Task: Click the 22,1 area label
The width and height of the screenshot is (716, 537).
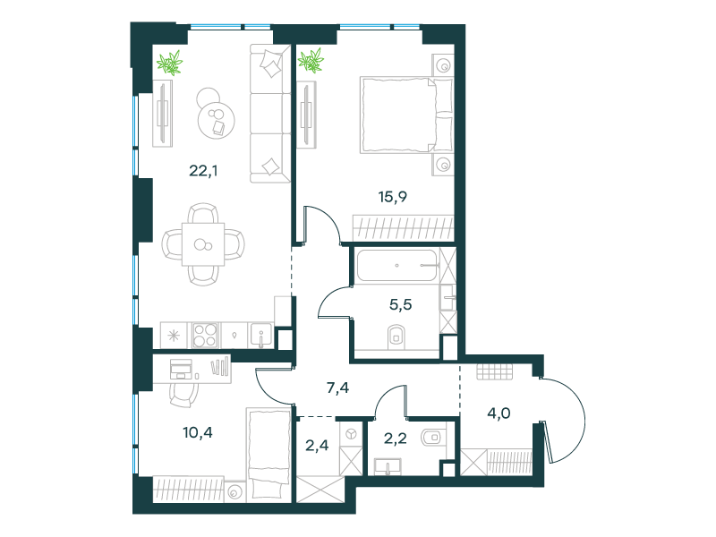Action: click(x=203, y=171)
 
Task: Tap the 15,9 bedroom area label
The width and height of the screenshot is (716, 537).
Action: click(x=393, y=197)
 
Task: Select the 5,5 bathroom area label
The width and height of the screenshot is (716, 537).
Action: click(x=400, y=304)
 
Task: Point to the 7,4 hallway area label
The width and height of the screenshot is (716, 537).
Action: click(x=338, y=388)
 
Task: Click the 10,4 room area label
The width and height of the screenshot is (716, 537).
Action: click(x=198, y=432)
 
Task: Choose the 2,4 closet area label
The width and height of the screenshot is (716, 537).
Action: click(x=317, y=445)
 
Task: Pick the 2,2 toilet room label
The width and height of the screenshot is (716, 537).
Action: click(x=395, y=439)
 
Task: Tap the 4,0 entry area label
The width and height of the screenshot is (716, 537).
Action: click(x=499, y=413)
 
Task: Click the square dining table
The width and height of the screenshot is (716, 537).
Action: click(x=203, y=244)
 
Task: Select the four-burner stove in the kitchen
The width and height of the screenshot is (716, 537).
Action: click(x=205, y=336)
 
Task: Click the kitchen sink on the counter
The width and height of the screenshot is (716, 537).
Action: click(x=260, y=336)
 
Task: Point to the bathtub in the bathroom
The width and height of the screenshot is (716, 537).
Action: click(x=397, y=265)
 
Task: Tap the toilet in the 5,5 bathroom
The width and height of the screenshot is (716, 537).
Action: click(x=396, y=337)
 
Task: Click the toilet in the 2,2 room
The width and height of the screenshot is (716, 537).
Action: click(x=431, y=438)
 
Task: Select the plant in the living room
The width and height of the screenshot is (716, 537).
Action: click(x=170, y=62)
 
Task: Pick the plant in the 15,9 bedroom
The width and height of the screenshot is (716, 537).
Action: click(x=311, y=61)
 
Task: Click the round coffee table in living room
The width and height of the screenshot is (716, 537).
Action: click(x=217, y=120)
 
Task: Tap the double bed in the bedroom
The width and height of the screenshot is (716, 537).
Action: click(x=406, y=115)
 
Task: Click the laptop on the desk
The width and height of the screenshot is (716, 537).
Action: click(x=181, y=369)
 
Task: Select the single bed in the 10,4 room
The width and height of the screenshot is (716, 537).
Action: click(x=268, y=454)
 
